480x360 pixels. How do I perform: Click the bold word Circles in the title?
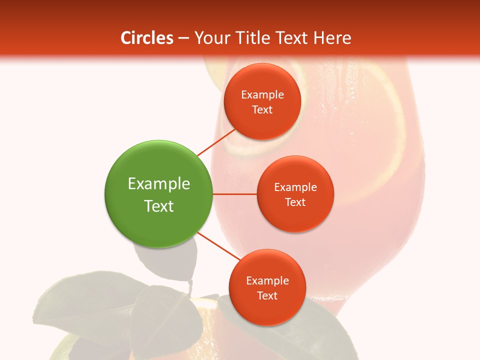[x=146, y=38]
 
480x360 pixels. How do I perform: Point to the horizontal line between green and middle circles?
[x=235, y=194]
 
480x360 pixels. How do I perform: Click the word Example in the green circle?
[x=159, y=183]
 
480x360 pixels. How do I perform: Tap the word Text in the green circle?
[x=159, y=205]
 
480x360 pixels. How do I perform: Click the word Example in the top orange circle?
[x=262, y=94]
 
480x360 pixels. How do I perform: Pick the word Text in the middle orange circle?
[x=295, y=202]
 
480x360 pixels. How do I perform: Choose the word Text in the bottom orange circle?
[x=267, y=295]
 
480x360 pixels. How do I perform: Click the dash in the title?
[x=183, y=38]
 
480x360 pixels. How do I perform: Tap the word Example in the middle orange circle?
[x=295, y=187]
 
